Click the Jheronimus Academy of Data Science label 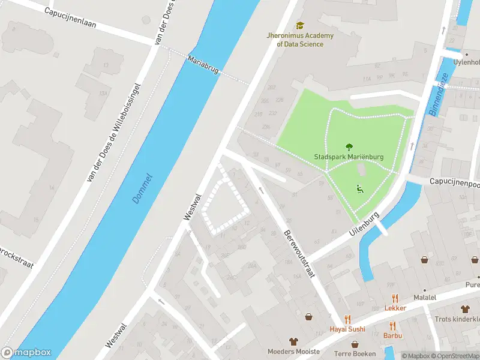pyautogui.click(x=299, y=40)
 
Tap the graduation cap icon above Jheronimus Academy pyautogui.click(x=299, y=26)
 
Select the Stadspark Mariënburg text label pyautogui.click(x=349, y=157)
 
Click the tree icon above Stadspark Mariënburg pyautogui.click(x=349, y=146)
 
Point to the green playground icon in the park pyautogui.click(x=360, y=189)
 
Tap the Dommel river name pyautogui.click(x=143, y=188)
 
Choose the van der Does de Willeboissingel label pyautogui.click(x=114, y=132)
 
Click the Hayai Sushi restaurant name pyautogui.click(x=347, y=329)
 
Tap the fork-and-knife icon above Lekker pyautogui.click(x=395, y=298)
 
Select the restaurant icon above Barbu pyautogui.click(x=393, y=326)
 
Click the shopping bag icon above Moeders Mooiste pyautogui.click(x=293, y=341)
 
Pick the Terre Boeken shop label pyautogui.click(x=355, y=354)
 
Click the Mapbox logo pyautogui.click(x=26, y=353)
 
